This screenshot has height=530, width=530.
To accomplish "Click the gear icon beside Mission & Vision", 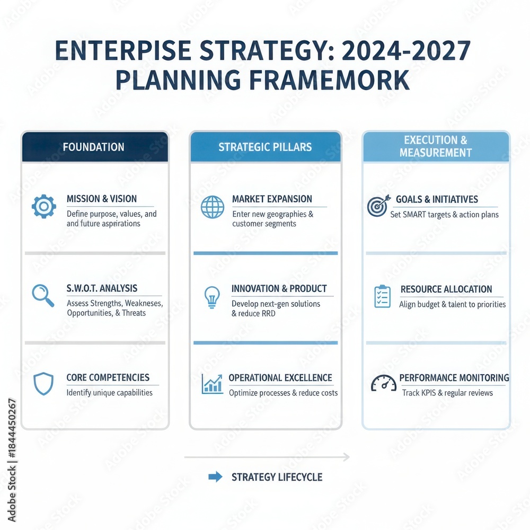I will (x=43, y=206).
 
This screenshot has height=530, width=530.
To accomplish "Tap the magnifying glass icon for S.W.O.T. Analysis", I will (x=43, y=295).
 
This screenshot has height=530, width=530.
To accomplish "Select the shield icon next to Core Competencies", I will (x=43, y=384).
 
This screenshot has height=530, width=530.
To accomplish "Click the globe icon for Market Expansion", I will (x=212, y=207).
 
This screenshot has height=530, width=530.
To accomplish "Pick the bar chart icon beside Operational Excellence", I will (x=212, y=384).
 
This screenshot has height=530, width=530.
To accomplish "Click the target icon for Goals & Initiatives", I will (x=378, y=206).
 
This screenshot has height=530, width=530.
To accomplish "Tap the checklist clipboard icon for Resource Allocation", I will (x=382, y=296).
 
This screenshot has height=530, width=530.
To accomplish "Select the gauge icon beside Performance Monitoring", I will (x=383, y=383).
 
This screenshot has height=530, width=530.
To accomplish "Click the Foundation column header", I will (x=94, y=147).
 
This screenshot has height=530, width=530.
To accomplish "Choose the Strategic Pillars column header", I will (x=265, y=147).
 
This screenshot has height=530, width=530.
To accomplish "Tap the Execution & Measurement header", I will (x=436, y=146).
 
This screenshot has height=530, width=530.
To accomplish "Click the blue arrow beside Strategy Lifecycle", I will (x=215, y=477).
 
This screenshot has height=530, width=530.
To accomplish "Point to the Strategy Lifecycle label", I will (x=277, y=477).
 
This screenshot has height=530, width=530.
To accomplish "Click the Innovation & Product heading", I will (x=279, y=289).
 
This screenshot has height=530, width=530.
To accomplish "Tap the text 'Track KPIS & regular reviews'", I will (x=447, y=393).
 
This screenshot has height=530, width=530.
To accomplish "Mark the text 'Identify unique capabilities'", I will (x=109, y=393).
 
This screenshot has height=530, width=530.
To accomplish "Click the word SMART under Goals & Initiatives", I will (x=419, y=215).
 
